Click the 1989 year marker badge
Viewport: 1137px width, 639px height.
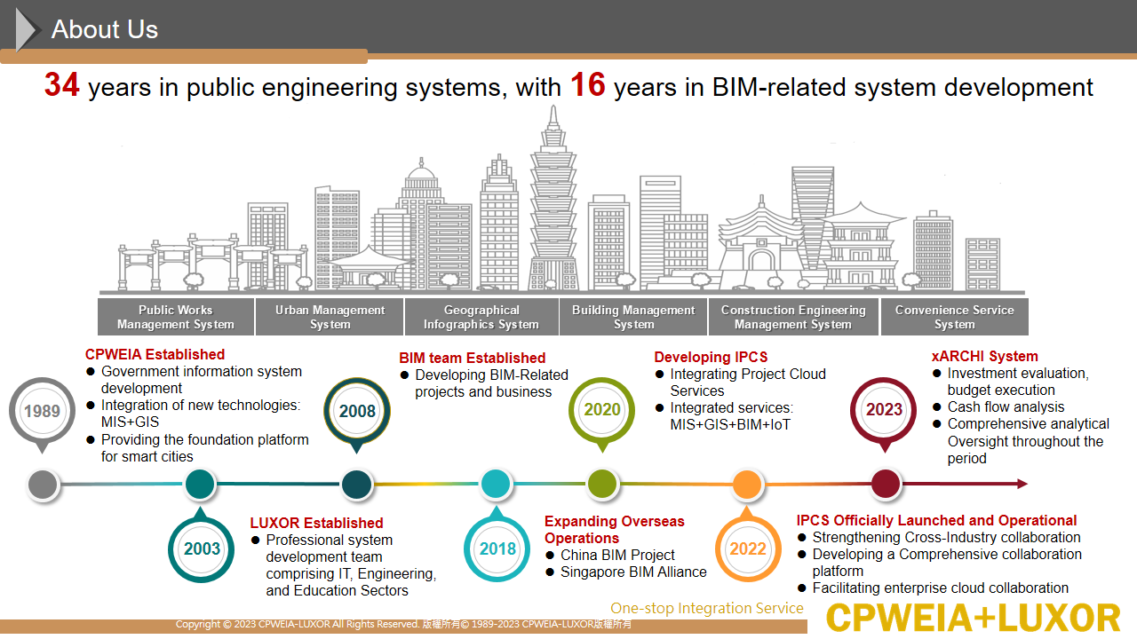point(42,412)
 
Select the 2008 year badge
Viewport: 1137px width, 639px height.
point(357,412)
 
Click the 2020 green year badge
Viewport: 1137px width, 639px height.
point(602,411)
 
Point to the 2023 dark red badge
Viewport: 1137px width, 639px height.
point(884,411)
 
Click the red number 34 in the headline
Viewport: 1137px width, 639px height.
point(61,84)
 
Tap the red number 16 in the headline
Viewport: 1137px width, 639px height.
point(588,84)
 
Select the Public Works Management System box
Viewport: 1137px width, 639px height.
point(176,317)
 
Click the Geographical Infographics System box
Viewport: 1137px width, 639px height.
point(481,317)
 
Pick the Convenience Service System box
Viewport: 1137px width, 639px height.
point(955,317)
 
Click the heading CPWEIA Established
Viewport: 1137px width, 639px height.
point(155,354)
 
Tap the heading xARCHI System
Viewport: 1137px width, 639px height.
point(985,356)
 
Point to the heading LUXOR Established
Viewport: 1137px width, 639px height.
point(316,523)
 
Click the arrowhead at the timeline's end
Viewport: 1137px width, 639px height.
point(1022,484)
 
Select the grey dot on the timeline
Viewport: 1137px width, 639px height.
point(44,485)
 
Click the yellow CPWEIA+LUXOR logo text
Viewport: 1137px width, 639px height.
point(973,618)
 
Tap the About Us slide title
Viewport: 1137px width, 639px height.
point(105,29)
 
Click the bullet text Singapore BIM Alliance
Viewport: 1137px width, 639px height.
point(633,572)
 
